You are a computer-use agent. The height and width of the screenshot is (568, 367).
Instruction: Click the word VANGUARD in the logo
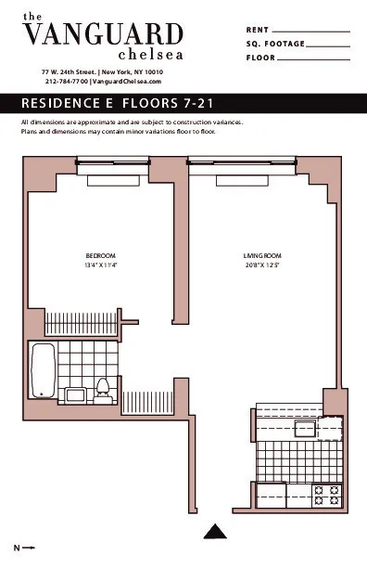click(x=103, y=34)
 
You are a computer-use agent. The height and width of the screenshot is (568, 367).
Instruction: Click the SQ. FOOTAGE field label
click(x=275, y=44)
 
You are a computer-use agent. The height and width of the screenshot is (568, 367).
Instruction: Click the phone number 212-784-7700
click(x=66, y=82)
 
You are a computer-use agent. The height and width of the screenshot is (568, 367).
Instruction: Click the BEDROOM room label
click(x=100, y=255)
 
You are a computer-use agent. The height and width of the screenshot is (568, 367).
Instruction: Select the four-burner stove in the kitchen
click(x=326, y=495)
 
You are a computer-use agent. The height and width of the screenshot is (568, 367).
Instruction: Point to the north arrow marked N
click(x=24, y=548)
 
